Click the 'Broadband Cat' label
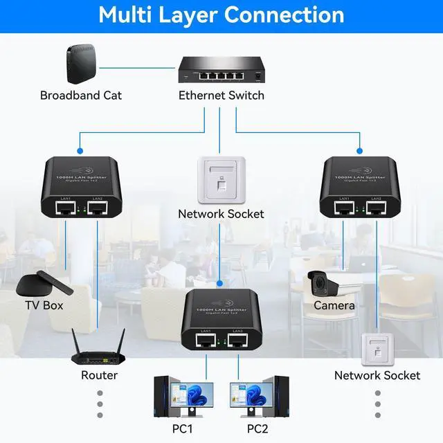(x=81, y=96)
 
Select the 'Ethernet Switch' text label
(x=221, y=96)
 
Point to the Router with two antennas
(x=99, y=351)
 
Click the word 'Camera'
(x=334, y=305)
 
